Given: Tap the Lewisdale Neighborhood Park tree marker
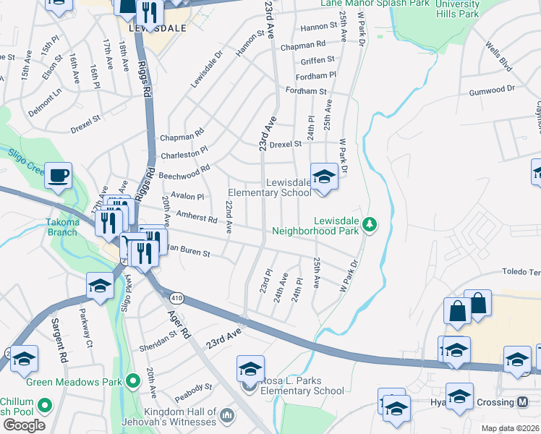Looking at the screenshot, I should pyautogui.click(x=370, y=225).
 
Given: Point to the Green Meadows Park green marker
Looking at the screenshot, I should pyautogui.click(x=132, y=379).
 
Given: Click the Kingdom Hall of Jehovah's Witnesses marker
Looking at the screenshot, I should pyautogui.click(x=227, y=415).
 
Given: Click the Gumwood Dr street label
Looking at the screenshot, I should pyautogui.click(x=491, y=88).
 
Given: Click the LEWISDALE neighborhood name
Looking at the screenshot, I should pyautogui.click(x=156, y=28).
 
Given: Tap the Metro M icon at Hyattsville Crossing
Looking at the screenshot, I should pyautogui.click(x=524, y=401).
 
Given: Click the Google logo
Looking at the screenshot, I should pyautogui.click(x=24, y=425).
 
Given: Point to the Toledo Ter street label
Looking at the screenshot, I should pyautogui.click(x=521, y=273).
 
